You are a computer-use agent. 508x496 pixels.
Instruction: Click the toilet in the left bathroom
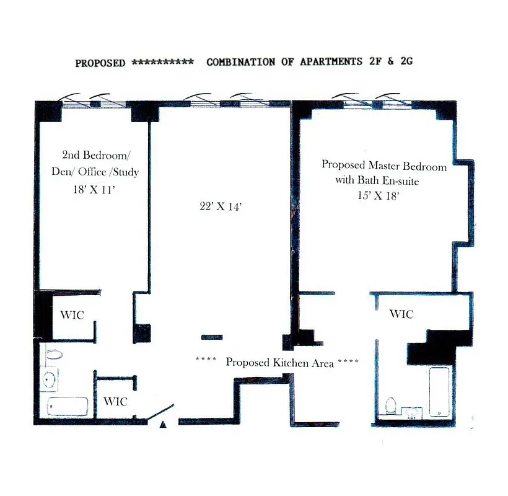coord(55,355)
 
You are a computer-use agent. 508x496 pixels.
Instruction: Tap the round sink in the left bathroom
coord(50,378)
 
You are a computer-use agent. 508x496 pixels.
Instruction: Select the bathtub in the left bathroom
coord(68,407)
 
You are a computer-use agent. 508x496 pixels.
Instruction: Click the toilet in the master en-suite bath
coord(391,407)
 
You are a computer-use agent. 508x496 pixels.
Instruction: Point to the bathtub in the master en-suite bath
coord(439,392)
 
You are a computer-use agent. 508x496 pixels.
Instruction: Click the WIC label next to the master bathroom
coord(401,314)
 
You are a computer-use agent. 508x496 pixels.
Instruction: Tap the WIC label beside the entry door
coord(115,401)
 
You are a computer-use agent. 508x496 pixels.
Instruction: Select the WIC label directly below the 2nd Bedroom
coord(72,315)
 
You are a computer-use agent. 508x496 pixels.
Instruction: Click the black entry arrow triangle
coord(163,425)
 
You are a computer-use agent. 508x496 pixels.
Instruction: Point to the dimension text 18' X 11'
coord(95,192)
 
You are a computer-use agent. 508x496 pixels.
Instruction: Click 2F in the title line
coord(373,62)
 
